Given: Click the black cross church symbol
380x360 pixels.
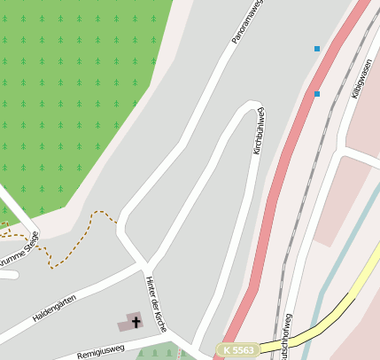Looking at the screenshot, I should tap(136, 322).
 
